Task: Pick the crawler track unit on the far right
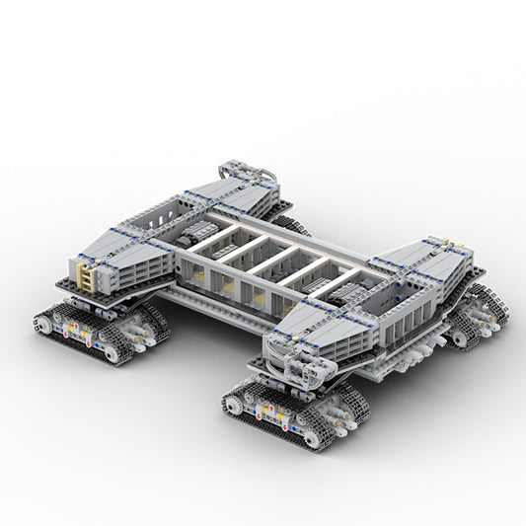pyautogui.click(x=479, y=314)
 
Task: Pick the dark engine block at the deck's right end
pyautogui.click(x=326, y=286)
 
